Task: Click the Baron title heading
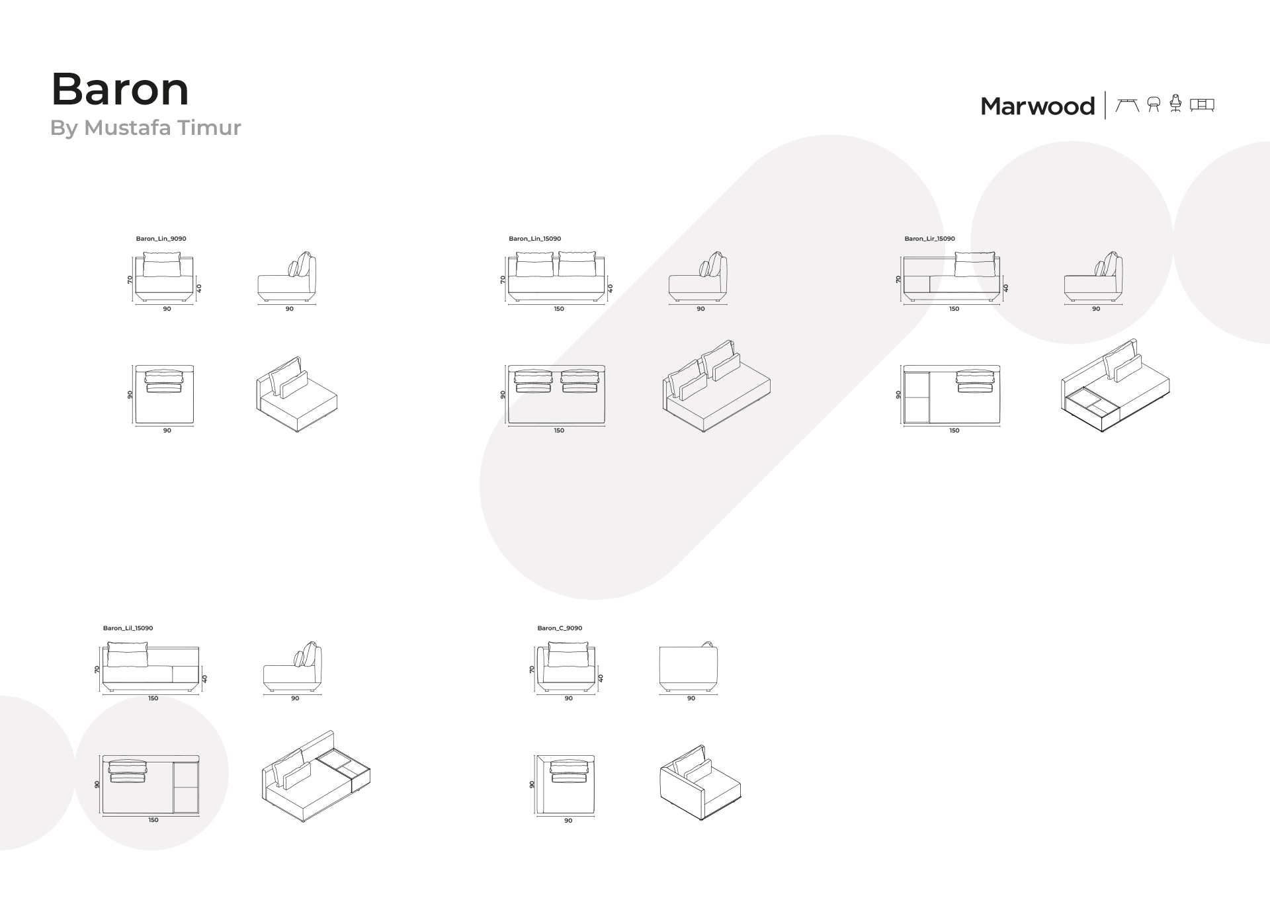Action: [120, 89]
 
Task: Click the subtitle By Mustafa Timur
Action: [146, 128]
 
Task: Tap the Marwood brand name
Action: [1037, 106]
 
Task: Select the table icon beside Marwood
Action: [1127, 105]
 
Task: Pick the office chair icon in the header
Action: [1175, 104]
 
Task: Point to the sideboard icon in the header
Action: [1202, 105]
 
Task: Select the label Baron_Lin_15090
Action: [534, 239]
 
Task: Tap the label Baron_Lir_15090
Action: [929, 239]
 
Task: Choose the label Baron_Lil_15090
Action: [128, 628]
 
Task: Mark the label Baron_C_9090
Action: [560, 628]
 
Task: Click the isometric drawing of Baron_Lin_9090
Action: [296, 395]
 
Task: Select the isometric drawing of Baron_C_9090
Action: [700, 783]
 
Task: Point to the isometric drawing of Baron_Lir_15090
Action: [1115, 386]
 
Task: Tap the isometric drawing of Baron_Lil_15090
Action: [316, 776]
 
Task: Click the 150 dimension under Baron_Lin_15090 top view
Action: [559, 430]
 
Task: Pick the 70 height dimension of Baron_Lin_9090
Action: [130, 280]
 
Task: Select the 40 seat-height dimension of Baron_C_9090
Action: [601, 678]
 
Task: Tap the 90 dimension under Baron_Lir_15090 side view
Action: [1096, 309]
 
